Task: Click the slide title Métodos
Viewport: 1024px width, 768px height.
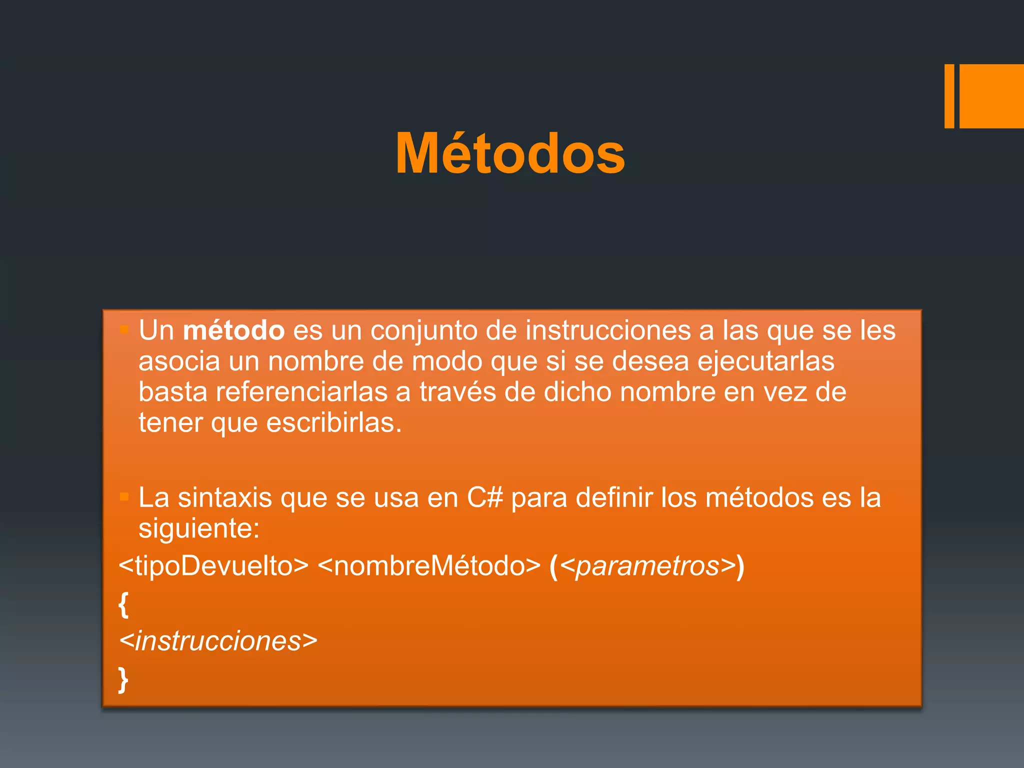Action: (510, 153)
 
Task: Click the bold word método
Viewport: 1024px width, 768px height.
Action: (233, 331)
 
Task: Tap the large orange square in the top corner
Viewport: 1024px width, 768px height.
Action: (991, 96)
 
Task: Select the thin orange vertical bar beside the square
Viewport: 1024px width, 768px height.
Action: (949, 96)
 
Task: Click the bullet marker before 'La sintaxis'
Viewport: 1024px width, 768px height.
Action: (124, 497)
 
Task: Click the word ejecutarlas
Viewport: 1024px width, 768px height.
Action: (765, 361)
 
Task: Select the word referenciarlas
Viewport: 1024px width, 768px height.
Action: (301, 392)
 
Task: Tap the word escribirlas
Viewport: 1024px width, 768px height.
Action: (333, 423)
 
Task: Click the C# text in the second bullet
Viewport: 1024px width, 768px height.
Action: (484, 498)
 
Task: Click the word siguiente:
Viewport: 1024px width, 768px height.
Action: (199, 529)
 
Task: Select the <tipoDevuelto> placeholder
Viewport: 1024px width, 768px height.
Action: (213, 566)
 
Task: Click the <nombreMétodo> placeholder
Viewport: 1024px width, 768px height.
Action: (429, 566)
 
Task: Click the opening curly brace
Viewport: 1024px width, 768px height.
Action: (123, 604)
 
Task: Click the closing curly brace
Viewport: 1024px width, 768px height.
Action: (123, 679)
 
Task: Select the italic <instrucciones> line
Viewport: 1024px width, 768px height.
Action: (218, 641)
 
